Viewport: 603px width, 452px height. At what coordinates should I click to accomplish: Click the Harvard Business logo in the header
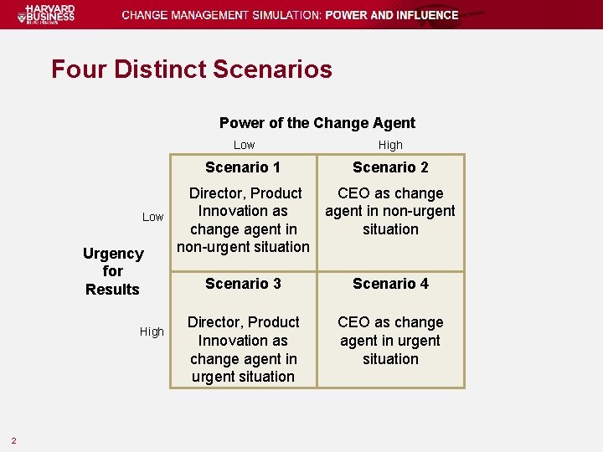point(49,14)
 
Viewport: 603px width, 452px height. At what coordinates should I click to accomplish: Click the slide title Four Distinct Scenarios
point(191,69)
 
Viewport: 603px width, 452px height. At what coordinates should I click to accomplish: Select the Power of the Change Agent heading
point(317,123)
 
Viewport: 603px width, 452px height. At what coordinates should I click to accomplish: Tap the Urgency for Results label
point(112,271)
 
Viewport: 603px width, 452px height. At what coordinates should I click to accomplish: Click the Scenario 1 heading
point(243,167)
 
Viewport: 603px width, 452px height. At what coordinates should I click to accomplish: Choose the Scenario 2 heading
point(390,167)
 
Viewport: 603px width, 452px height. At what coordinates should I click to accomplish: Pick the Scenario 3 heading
point(243,284)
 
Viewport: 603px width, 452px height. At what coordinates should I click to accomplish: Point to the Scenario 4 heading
point(390,284)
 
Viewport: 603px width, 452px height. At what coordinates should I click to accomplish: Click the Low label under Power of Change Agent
point(244,145)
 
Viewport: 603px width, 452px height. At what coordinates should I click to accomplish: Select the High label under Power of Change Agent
point(390,145)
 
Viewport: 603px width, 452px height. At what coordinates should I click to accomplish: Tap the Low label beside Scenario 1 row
point(152,217)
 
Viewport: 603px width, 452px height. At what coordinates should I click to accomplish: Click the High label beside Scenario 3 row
point(152,331)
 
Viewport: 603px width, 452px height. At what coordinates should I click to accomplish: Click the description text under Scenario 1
point(243,220)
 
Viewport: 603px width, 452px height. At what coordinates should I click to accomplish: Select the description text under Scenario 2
point(390,211)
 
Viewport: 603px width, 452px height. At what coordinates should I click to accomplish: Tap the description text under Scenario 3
point(243,349)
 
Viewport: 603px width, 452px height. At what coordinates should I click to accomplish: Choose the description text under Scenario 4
point(390,340)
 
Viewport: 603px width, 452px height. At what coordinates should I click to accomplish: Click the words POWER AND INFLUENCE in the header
point(392,15)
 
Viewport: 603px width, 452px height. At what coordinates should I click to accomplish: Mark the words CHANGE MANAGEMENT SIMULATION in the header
point(221,15)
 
